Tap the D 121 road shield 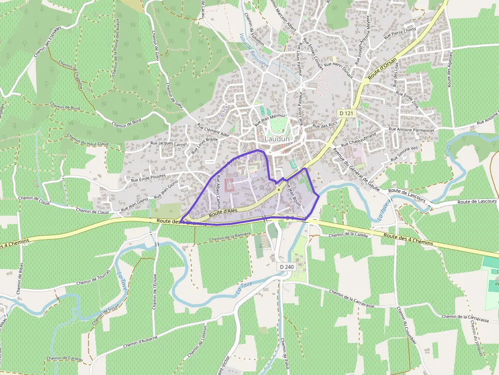346,113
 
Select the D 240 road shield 287,267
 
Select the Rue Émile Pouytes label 148,178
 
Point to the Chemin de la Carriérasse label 352,300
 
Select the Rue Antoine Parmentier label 411,129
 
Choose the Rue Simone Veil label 403,153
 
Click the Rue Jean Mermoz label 269,120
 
